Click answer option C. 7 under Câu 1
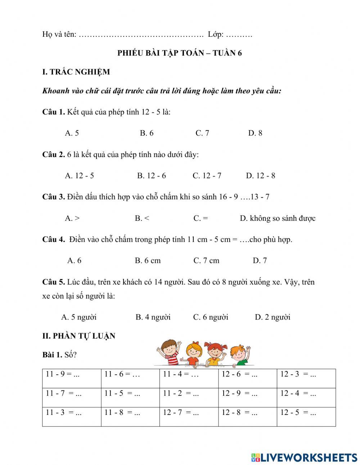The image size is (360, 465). coord(202,133)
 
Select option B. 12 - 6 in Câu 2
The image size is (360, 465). coord(151,176)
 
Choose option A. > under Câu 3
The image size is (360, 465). coord(72,218)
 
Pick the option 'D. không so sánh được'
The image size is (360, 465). coord(277,218)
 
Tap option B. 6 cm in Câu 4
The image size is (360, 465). coord(148,261)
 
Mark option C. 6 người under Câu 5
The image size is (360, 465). coord(211,317)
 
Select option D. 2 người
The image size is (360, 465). coord(273,317)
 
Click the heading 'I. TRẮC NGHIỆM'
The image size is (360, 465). coord(76,72)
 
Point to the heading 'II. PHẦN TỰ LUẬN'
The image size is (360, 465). coord(79,336)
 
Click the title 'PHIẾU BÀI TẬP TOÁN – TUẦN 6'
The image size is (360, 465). coord(179,53)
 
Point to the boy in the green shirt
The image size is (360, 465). coord(239,355)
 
